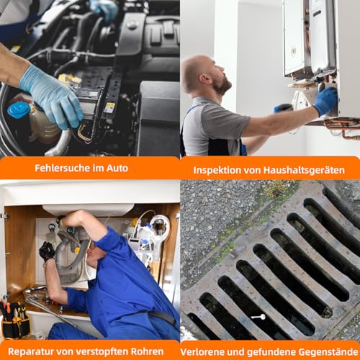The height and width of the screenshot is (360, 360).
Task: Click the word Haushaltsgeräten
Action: click(305, 171)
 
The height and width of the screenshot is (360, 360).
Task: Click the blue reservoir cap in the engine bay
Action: click(18, 109)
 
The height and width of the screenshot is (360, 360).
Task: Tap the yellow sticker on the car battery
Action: click(109, 107)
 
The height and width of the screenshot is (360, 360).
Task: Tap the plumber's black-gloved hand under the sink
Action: click(48, 251)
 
